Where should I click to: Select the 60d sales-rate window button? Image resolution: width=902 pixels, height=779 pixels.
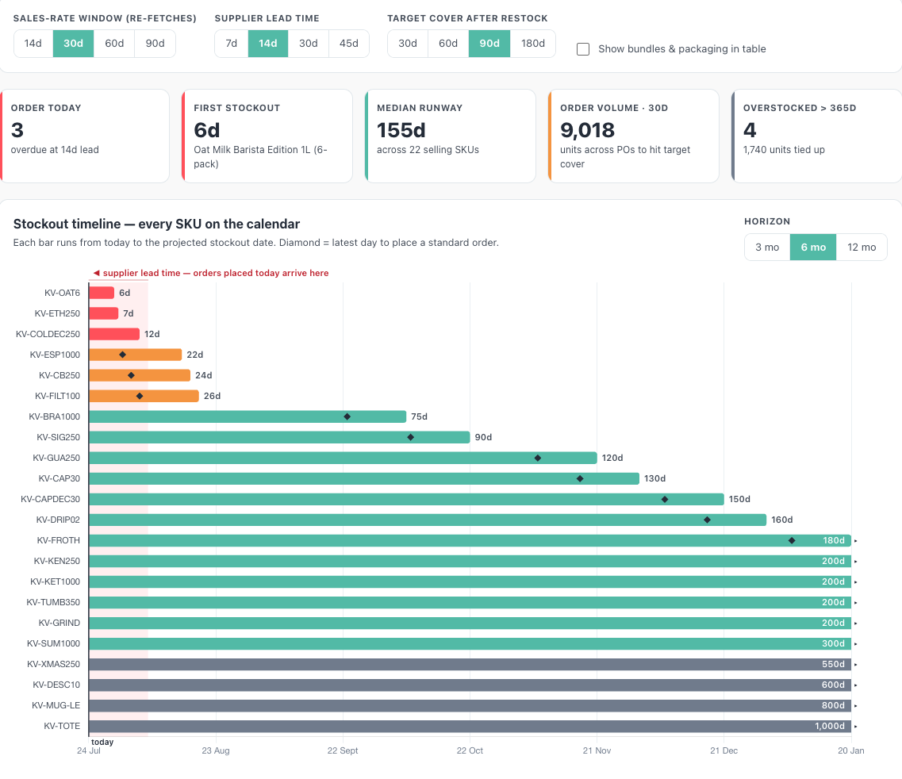pos(114,44)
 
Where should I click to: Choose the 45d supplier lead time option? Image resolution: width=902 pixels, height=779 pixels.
pos(348,44)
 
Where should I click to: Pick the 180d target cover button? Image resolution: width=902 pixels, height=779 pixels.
pos(532,44)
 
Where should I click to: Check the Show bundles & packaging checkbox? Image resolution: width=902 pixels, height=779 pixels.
pos(583,49)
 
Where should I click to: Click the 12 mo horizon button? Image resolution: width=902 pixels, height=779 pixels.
pos(862,248)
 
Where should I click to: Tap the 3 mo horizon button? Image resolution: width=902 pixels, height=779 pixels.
pos(767,248)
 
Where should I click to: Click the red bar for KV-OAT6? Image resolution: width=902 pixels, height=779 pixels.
pos(102,293)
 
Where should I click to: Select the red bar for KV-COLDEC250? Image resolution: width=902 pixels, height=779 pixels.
pos(114,334)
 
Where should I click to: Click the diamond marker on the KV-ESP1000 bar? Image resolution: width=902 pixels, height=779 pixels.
pos(122,355)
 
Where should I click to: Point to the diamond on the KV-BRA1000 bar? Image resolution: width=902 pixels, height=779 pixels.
pos(347,416)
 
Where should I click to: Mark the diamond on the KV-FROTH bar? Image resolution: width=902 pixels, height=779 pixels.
pos(792,541)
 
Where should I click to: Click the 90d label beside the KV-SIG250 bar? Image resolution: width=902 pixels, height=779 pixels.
pos(483,437)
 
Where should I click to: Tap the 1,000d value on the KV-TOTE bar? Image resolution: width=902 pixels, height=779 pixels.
pos(830,726)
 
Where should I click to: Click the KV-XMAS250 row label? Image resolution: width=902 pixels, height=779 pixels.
pos(53,664)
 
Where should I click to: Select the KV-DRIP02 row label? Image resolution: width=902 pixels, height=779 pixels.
pos(58,520)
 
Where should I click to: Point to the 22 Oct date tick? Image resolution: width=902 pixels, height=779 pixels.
pos(470,750)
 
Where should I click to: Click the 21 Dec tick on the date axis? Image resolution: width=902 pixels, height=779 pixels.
pos(724,750)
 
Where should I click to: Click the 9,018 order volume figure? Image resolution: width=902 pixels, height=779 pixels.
pos(587,131)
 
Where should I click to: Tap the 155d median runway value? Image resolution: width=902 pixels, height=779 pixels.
pos(401,131)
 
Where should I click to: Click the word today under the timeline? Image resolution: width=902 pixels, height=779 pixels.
pos(102,743)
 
